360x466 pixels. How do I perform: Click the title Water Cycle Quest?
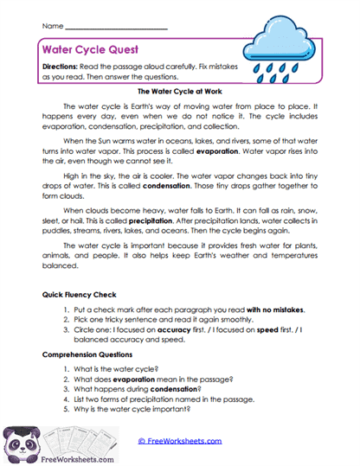pyautogui.click(x=88, y=50)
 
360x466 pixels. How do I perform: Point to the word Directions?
pyautogui.click(x=64, y=67)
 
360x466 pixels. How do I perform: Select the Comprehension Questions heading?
pyautogui.click(x=90, y=354)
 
